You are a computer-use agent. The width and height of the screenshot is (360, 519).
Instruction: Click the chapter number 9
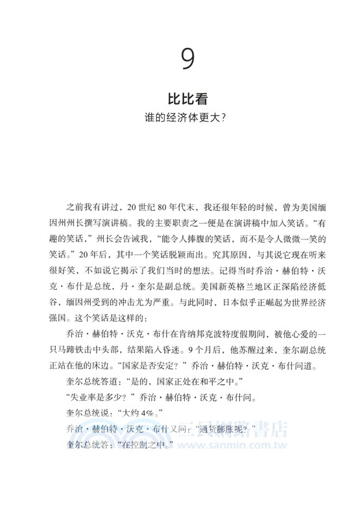186,60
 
